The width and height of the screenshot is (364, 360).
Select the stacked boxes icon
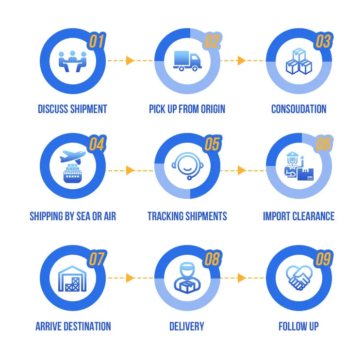(x=299, y=61)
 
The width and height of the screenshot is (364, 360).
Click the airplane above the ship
(x=73, y=157)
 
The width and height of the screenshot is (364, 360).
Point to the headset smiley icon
(x=187, y=166)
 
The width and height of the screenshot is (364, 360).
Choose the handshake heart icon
(x=299, y=277)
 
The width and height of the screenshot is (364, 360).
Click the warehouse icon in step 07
(x=72, y=278)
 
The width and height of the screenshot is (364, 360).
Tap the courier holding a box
(x=187, y=278)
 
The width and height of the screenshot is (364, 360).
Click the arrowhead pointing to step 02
(x=130, y=61)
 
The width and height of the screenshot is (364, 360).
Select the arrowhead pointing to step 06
(x=242, y=170)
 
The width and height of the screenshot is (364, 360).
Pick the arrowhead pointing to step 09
(x=242, y=278)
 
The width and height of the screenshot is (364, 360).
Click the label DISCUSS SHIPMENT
(x=72, y=109)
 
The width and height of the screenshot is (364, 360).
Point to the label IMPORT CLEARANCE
(x=298, y=216)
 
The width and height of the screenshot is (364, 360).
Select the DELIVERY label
(x=187, y=326)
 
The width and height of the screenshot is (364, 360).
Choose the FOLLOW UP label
(x=298, y=326)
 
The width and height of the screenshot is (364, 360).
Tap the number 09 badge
(x=323, y=260)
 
